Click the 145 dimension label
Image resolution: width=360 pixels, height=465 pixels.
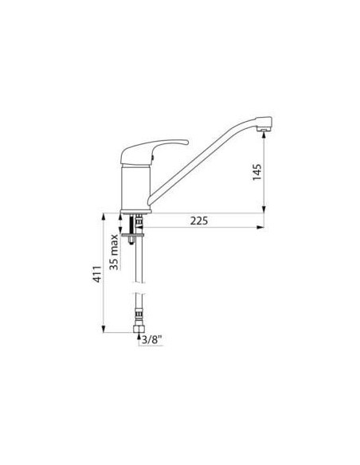pos(256,172)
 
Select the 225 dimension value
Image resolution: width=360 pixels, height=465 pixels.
pos(199,221)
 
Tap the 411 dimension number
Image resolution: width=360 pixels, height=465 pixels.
pos(98,275)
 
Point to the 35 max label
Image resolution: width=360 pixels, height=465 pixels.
pos(114,252)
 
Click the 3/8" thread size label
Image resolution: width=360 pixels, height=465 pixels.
pos(152,340)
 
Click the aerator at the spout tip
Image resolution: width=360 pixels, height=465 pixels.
pos(264,129)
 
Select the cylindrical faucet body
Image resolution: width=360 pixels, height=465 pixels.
pos(135,187)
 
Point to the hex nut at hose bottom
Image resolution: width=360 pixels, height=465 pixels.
pos(139,329)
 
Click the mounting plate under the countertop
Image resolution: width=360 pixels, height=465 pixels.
pos(132,235)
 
